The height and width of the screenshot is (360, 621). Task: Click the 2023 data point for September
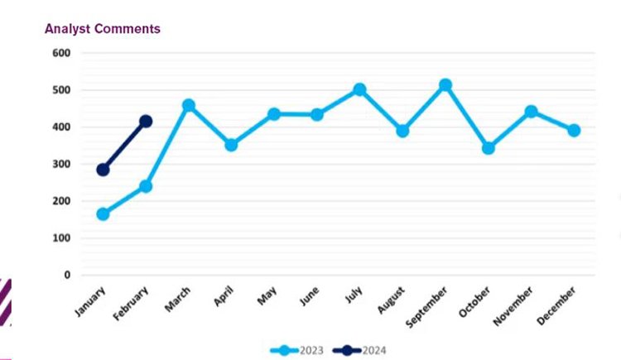coord(445,85)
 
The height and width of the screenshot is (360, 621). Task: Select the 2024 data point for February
coord(146,122)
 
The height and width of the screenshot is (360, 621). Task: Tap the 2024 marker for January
coord(103,170)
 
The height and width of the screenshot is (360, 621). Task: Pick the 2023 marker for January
coord(103,214)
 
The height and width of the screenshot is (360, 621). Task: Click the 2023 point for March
coord(189,106)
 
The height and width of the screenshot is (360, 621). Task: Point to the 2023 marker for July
coord(359,89)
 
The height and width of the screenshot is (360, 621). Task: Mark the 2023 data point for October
coord(489,148)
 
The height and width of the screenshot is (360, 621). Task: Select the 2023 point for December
coord(574,131)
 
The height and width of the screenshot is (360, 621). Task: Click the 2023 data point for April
coord(231,145)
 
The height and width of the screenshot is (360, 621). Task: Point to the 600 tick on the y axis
coord(62,53)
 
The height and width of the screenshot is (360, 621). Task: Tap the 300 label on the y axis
coord(62,164)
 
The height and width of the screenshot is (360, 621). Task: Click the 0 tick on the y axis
coord(67,275)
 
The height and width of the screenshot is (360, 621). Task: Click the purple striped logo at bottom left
coord(5,303)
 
